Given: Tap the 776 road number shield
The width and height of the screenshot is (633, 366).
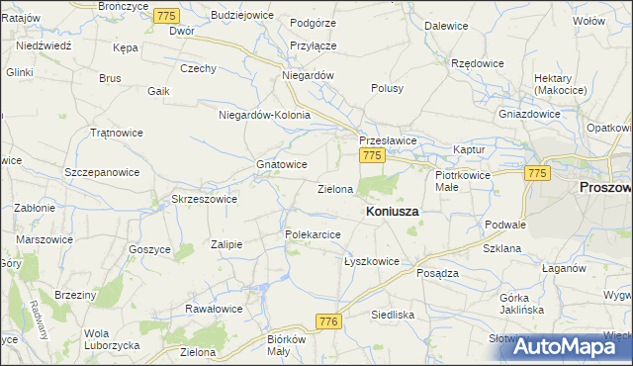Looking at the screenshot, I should pos(329,321).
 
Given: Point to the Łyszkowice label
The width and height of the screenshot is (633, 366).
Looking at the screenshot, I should pos(371,262).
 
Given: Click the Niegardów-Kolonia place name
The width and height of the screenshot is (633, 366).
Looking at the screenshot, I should pos(264,115).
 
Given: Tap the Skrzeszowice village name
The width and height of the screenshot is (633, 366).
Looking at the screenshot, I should pos(204,198).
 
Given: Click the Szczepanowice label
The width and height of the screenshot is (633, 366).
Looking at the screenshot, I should pos(102,171).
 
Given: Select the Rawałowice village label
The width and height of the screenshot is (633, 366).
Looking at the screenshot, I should pos(215,309).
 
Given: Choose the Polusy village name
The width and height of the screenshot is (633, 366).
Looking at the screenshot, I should pos(388,88).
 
